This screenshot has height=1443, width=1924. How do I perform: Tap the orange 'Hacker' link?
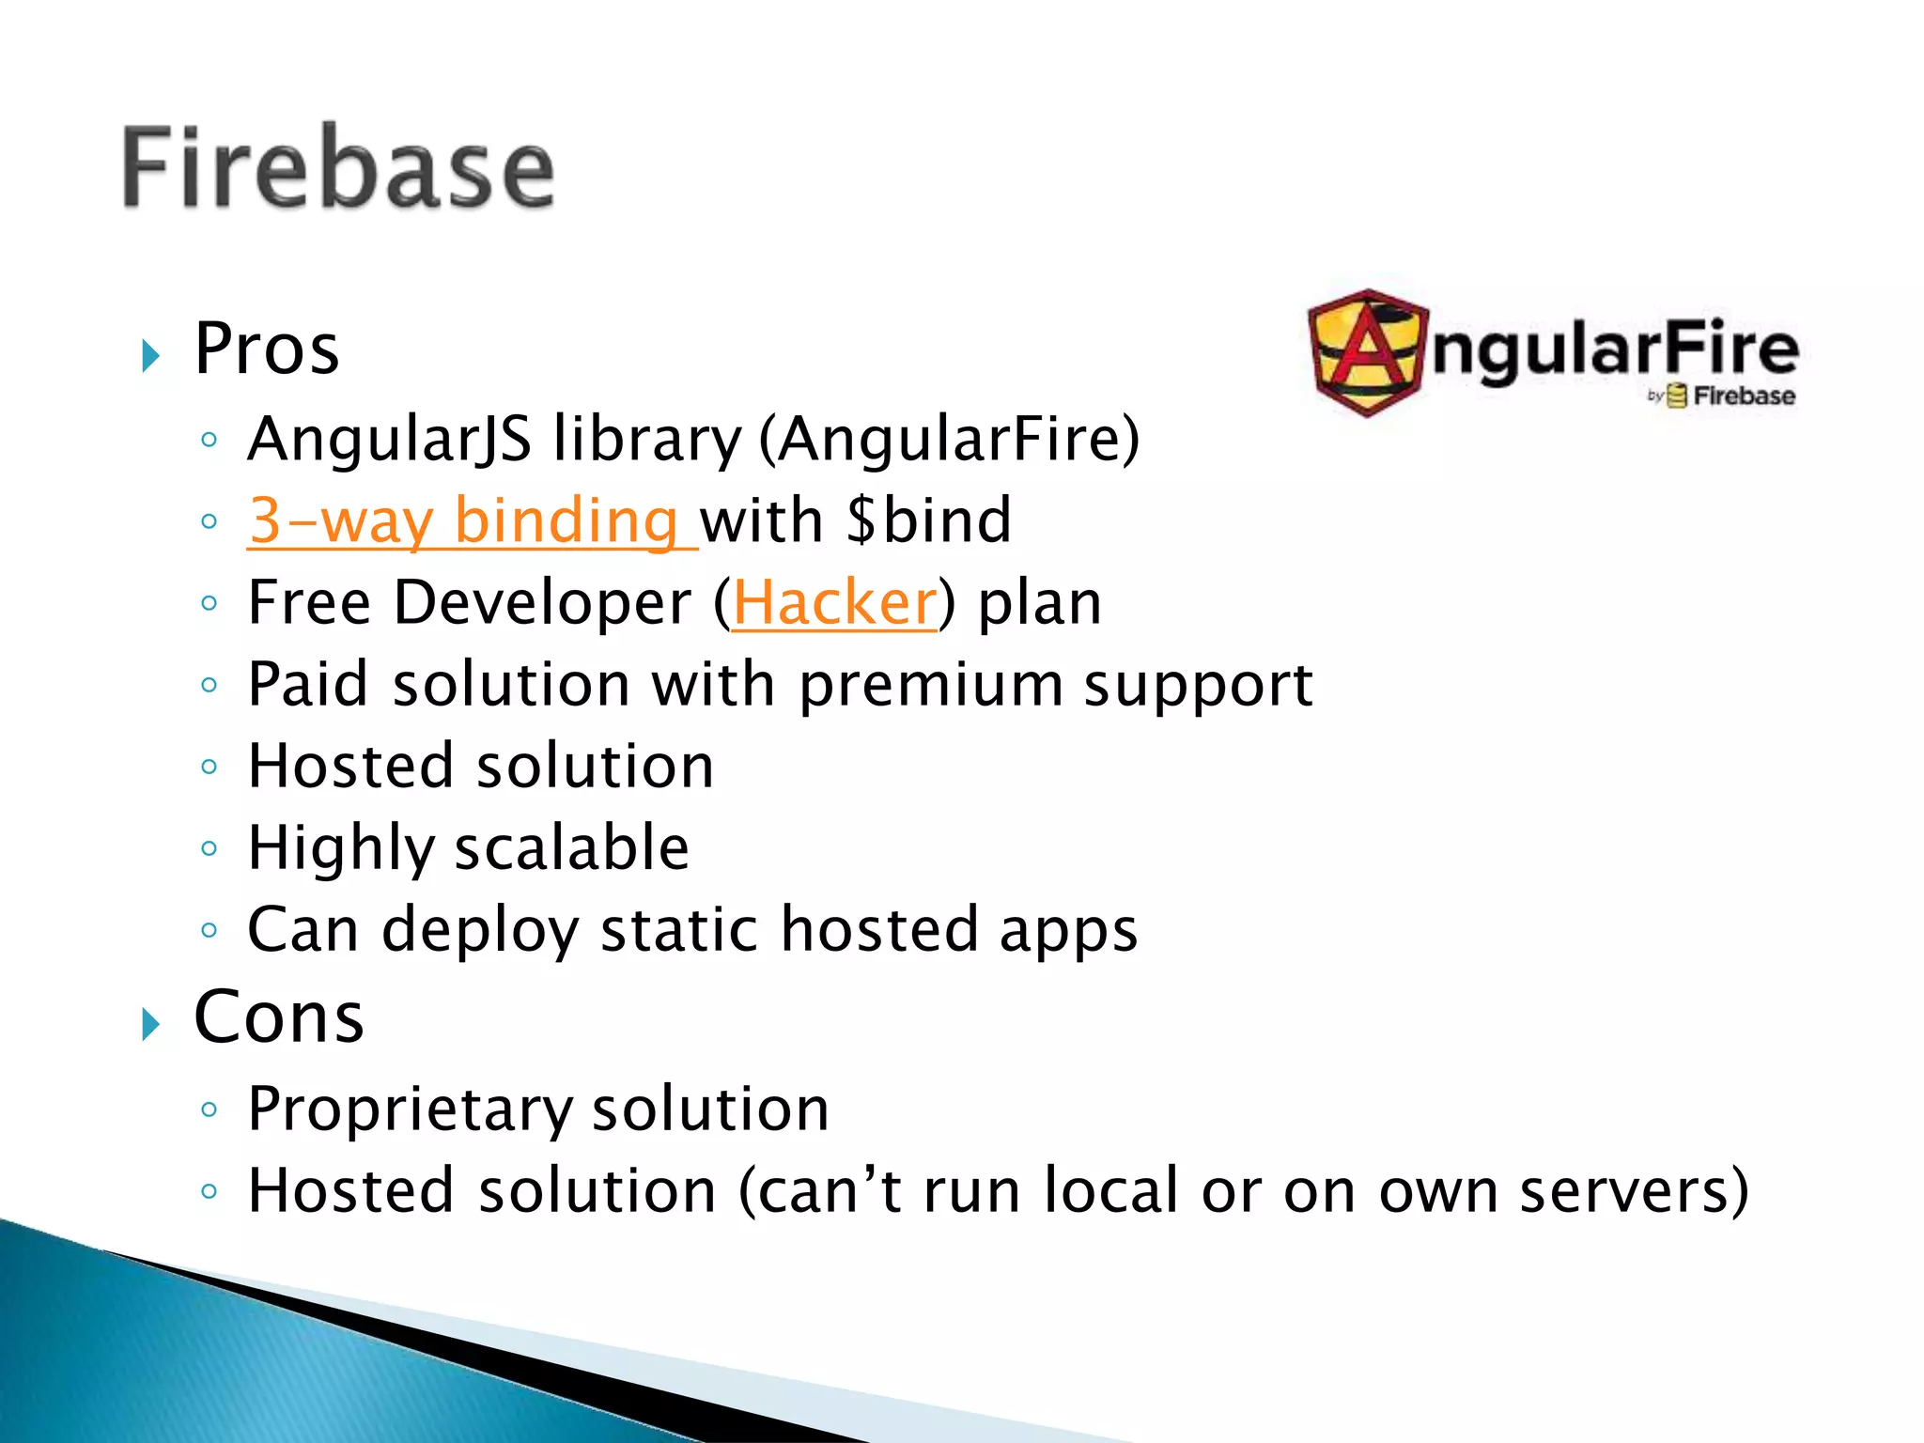(x=834, y=602)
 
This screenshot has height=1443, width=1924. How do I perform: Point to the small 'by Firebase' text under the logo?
(x=1721, y=396)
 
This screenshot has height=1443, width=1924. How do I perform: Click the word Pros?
(x=267, y=349)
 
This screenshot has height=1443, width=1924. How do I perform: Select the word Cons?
(x=279, y=1017)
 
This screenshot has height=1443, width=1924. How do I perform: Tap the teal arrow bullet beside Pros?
(x=150, y=356)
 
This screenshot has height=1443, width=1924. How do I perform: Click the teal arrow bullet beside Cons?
(x=150, y=1024)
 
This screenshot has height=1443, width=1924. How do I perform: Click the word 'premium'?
(x=931, y=686)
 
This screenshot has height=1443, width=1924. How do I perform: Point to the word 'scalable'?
(x=572, y=848)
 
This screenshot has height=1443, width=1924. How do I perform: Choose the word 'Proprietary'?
(x=409, y=1109)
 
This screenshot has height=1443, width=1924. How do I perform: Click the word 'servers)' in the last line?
(x=1634, y=1191)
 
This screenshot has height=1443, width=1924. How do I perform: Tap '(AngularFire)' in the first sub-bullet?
(x=949, y=440)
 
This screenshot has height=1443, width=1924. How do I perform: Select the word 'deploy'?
(x=480, y=931)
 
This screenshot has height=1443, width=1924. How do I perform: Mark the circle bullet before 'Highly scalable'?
(x=209, y=848)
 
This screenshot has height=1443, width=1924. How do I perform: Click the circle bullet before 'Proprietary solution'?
(x=209, y=1109)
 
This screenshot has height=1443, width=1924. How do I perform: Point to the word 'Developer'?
(x=542, y=602)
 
